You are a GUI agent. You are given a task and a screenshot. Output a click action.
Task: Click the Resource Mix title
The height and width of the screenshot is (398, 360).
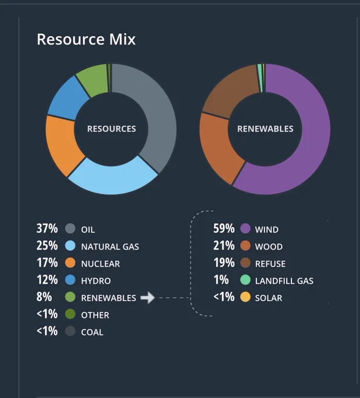[86, 39]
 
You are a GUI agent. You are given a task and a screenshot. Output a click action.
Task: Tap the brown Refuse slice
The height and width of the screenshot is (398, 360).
[228, 91]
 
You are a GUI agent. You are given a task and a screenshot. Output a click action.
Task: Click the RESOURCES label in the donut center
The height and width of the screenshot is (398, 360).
[111, 129]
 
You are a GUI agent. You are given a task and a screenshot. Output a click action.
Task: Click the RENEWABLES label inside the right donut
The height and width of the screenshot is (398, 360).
[265, 129]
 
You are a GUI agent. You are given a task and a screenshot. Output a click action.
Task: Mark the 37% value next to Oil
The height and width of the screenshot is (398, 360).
[47, 228]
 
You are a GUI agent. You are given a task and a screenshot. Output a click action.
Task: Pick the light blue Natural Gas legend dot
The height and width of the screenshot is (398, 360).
[70, 246]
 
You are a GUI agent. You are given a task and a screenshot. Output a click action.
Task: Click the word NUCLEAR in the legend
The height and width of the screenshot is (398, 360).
[101, 264]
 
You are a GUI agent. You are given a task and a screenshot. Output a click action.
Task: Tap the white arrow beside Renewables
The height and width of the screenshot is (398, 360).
[148, 297]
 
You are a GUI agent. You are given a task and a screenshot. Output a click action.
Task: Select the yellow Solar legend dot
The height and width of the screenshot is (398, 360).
[245, 297]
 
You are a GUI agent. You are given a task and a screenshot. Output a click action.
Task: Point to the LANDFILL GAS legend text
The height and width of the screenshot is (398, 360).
[284, 281]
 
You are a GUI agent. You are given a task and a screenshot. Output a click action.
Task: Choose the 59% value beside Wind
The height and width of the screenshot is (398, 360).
[224, 228]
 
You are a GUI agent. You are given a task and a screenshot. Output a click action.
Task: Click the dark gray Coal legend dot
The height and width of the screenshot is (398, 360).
[70, 331]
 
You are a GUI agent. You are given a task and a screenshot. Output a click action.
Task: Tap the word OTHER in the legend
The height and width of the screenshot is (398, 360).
[95, 315]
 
